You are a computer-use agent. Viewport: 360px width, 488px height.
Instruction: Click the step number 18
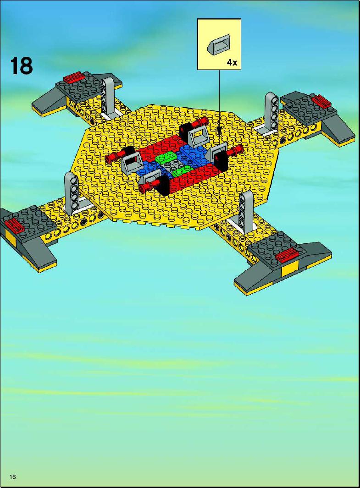pyautogui.click(x=22, y=66)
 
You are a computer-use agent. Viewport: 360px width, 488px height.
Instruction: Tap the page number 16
pyautogui.click(x=13, y=477)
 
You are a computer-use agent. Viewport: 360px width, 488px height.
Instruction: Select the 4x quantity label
pyautogui.click(x=232, y=63)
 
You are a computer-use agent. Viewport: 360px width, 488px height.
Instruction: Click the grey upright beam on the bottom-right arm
pyautogui.click(x=246, y=211)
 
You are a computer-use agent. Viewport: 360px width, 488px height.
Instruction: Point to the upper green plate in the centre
pyautogui.click(x=166, y=158)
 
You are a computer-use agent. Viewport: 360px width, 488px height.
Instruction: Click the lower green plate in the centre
pyautogui.click(x=182, y=170)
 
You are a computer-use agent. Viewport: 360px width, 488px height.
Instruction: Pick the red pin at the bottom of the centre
pyautogui.click(x=149, y=185)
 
